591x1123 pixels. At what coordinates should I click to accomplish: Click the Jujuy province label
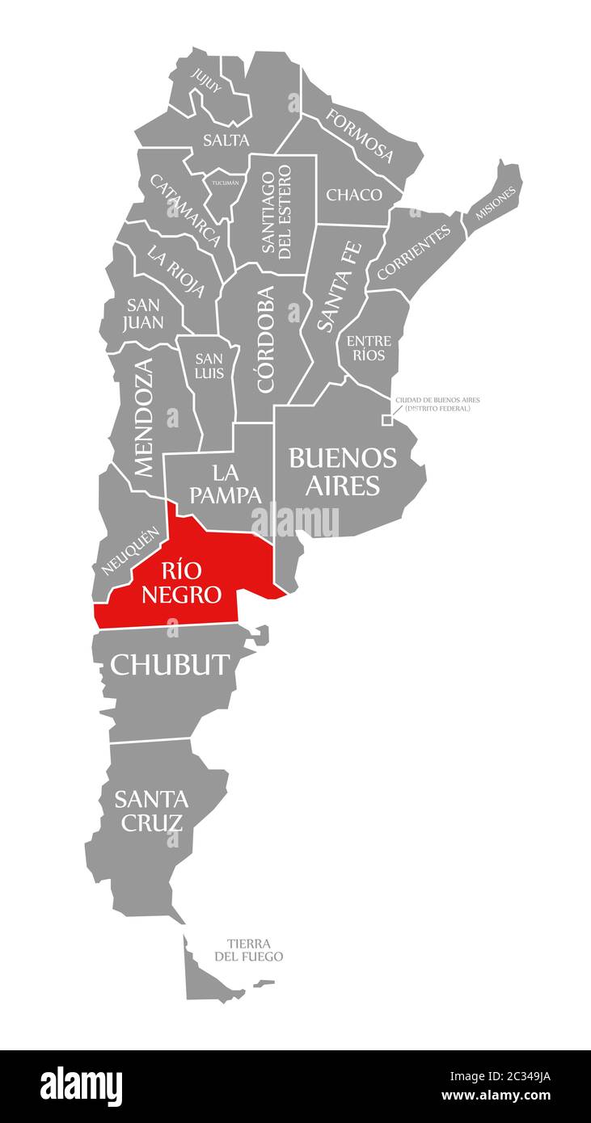(x=205, y=82)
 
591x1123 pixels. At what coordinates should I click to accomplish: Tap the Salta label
(x=226, y=140)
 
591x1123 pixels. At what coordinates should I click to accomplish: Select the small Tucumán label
(x=226, y=183)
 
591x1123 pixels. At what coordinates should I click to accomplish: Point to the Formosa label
(x=360, y=134)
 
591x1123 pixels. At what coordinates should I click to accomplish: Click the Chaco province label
(x=354, y=195)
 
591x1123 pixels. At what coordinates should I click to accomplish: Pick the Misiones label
(x=496, y=203)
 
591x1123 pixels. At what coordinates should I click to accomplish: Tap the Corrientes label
(x=414, y=253)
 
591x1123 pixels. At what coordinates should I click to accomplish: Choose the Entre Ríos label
(x=369, y=348)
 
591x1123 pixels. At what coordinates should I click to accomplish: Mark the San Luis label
(x=209, y=366)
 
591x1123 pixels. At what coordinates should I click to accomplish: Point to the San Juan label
(x=144, y=313)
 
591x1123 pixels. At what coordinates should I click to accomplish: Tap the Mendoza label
(x=142, y=417)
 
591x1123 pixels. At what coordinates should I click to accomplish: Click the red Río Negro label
(x=181, y=583)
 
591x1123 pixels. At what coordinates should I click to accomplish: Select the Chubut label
(x=170, y=664)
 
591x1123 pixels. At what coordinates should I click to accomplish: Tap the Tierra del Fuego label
(x=249, y=950)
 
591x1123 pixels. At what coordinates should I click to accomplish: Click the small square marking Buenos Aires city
(x=387, y=420)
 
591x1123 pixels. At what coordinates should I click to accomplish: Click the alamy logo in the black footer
(x=81, y=1087)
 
